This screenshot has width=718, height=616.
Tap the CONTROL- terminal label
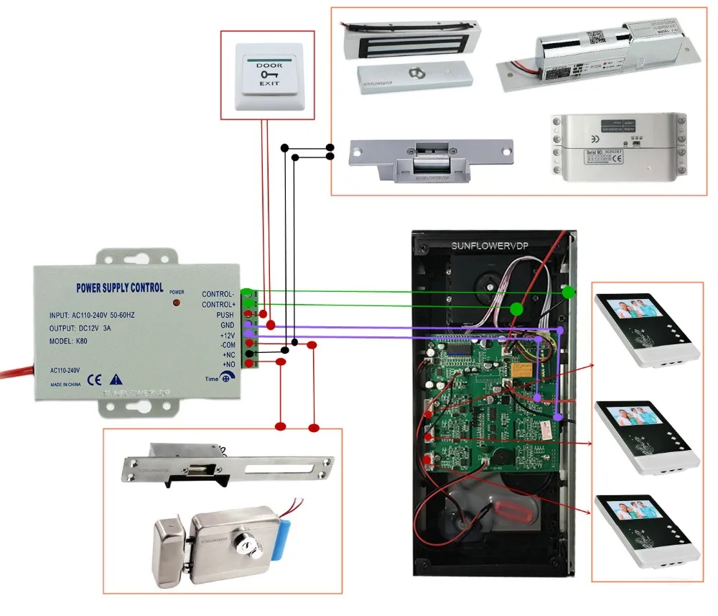(218, 294)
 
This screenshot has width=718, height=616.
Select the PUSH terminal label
(225, 315)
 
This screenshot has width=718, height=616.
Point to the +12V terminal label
(226, 335)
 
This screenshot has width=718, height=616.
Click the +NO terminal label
(228, 364)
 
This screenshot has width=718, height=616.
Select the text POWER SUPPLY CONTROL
(119, 288)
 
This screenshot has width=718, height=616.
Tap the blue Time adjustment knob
(226, 379)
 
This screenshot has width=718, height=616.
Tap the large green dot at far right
(569, 292)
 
